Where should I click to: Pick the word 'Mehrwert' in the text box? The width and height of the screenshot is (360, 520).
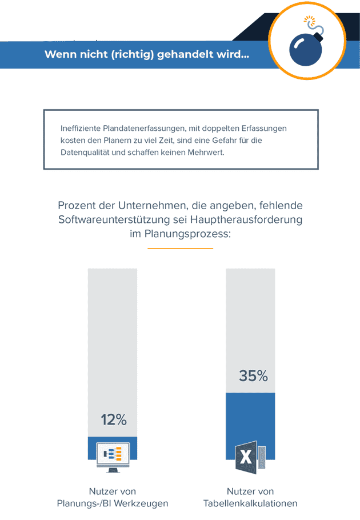click(x=206, y=153)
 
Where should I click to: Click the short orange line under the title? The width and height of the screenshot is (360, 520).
click(x=180, y=249)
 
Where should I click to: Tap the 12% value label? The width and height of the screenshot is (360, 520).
click(x=113, y=420)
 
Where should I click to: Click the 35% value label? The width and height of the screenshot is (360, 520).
click(x=253, y=376)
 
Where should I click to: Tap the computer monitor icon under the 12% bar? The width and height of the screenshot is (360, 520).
click(x=113, y=457)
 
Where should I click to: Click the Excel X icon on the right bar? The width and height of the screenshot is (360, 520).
click(x=246, y=457)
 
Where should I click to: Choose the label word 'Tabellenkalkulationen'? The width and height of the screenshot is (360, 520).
click(x=250, y=503)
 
